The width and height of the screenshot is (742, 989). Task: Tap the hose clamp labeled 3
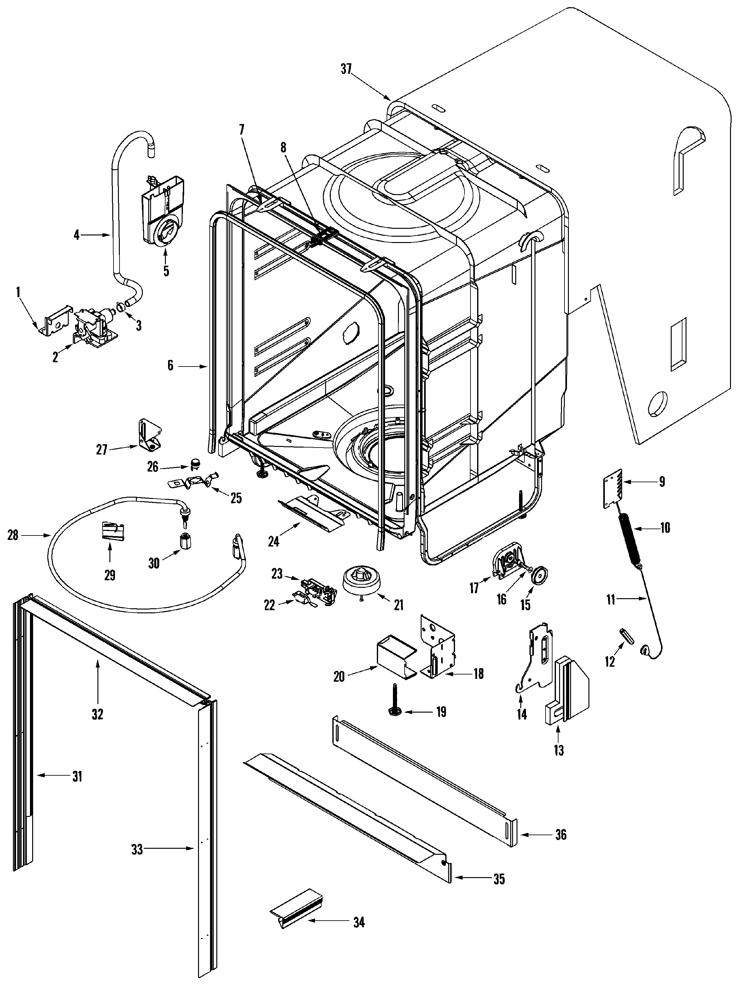coord(120,306)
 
